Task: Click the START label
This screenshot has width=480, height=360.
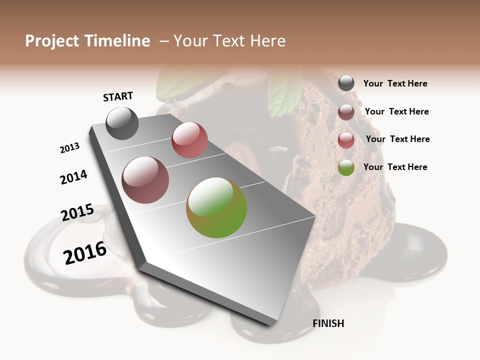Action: point(118,96)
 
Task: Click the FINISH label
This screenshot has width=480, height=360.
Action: point(328,323)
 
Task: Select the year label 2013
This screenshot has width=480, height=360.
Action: point(69,148)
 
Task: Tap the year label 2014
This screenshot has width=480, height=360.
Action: point(73,177)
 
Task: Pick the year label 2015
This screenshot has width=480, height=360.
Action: point(77,212)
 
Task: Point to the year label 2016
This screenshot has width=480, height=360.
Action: point(85,253)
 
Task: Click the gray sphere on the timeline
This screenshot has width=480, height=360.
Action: point(122,123)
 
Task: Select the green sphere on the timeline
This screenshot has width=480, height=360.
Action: point(216,207)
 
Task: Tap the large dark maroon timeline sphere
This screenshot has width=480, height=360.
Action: point(145,180)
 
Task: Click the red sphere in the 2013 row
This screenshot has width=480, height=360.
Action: point(189,139)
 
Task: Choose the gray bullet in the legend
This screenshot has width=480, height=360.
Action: point(346,83)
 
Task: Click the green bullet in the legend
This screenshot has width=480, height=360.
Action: point(346,167)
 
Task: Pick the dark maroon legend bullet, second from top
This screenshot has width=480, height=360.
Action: point(346,112)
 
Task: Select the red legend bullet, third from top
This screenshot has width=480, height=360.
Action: point(346,140)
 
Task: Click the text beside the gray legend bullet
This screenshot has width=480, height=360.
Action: point(395,83)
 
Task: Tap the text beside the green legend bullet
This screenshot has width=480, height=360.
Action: point(395,167)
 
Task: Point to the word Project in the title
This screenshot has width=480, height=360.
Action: point(52,41)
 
